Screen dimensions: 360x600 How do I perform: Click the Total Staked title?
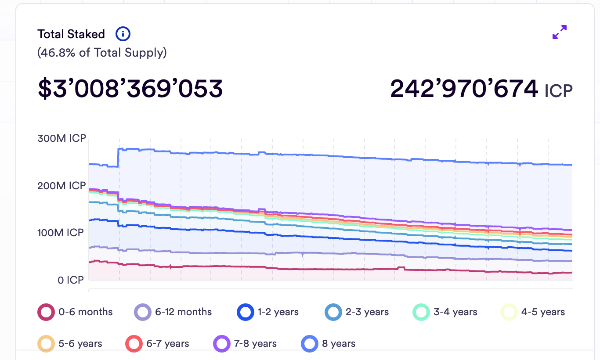click(x=71, y=34)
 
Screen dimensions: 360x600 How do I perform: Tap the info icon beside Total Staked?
click(x=123, y=33)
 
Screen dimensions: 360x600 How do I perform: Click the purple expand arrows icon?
click(x=559, y=32)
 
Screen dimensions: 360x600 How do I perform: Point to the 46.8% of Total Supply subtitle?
click(x=102, y=53)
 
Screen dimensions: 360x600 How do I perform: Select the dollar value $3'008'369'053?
click(x=130, y=88)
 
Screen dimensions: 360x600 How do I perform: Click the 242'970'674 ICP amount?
click(x=481, y=89)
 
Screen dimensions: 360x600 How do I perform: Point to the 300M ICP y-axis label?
click(x=61, y=139)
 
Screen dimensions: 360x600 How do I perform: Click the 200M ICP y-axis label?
click(x=61, y=186)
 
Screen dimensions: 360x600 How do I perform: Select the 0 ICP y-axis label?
click(x=71, y=280)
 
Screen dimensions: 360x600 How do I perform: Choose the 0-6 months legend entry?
click(x=76, y=312)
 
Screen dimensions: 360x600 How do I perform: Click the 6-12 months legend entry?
click(x=173, y=312)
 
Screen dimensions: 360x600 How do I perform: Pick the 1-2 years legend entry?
click(x=268, y=312)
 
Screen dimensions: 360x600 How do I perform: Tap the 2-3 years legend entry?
click(x=357, y=312)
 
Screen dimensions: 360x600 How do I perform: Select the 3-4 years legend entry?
click(x=445, y=312)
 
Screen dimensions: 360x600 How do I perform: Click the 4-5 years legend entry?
click(x=533, y=312)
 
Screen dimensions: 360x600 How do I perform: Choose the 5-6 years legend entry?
click(x=70, y=343)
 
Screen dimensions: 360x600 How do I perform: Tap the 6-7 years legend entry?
click(x=158, y=343)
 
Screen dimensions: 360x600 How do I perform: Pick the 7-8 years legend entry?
click(x=245, y=343)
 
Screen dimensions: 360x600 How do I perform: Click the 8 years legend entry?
click(x=329, y=343)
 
